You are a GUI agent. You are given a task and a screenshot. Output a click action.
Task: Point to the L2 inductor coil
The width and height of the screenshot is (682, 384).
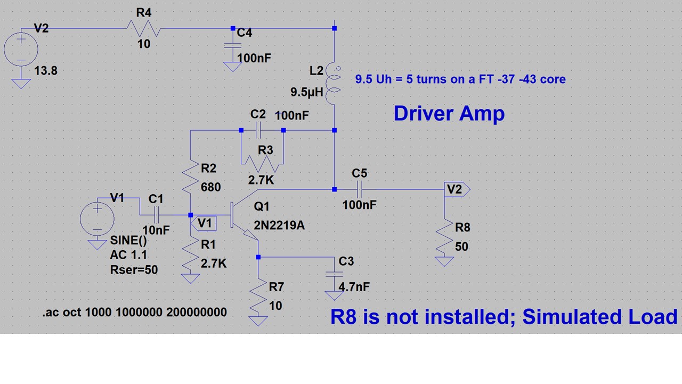334,85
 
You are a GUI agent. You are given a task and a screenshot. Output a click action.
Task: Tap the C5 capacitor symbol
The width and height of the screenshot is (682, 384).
359,189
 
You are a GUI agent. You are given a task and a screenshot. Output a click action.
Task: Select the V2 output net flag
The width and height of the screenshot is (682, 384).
457,189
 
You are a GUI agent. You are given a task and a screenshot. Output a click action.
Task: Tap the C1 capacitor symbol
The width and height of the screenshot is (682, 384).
157,215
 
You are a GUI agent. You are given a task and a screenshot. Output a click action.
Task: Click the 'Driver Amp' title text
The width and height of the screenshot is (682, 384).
449,113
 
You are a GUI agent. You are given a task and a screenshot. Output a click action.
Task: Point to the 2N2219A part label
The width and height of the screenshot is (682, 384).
279,225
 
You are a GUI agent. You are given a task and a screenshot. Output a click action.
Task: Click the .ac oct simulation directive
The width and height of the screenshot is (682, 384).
135,312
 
